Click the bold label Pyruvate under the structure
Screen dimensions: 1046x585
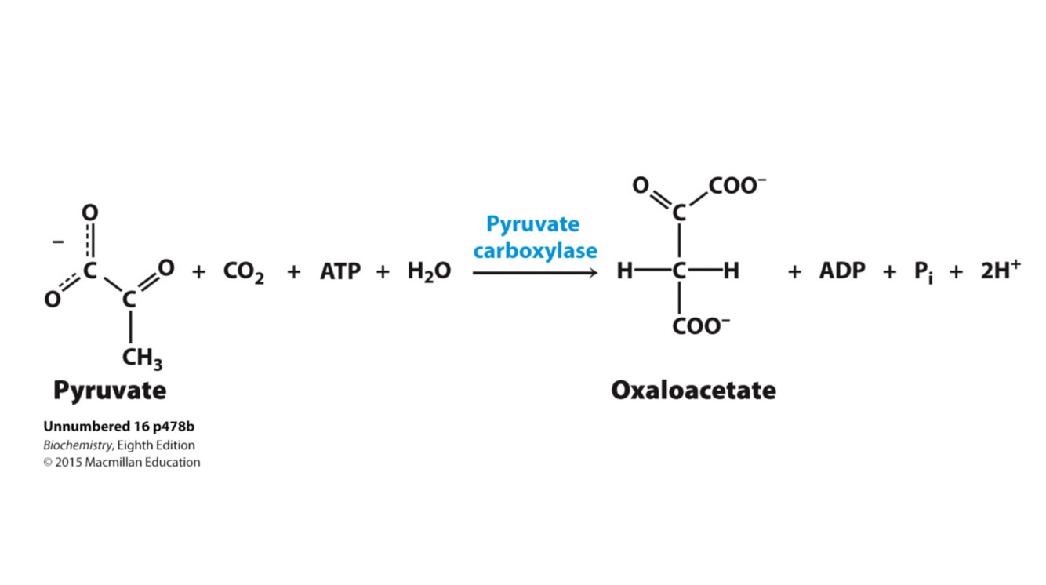coord(110,390)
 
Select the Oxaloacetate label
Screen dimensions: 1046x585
coord(693,390)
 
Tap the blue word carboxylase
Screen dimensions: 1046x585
coord(535,251)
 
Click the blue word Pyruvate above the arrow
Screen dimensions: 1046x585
coord(532,224)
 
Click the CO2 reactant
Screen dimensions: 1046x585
coord(243,272)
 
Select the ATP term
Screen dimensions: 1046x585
coord(340,272)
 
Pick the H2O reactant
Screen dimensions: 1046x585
coord(429,272)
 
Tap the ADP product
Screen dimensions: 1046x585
coord(842,271)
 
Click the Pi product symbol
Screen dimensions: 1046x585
coord(923,272)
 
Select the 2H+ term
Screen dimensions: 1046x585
coord(1000,271)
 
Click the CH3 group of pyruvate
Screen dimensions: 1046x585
coord(142,359)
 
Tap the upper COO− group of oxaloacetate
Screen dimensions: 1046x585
coord(736,186)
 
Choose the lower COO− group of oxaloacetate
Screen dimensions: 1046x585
coord(700,325)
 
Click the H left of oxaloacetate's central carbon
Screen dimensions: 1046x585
coord(625,271)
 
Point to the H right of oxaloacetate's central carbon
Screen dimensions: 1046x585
coord(731,271)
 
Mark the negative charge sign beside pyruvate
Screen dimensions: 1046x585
coord(58,242)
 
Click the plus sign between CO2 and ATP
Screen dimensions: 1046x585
coord(294,272)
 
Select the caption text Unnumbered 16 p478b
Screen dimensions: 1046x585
coord(118,427)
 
